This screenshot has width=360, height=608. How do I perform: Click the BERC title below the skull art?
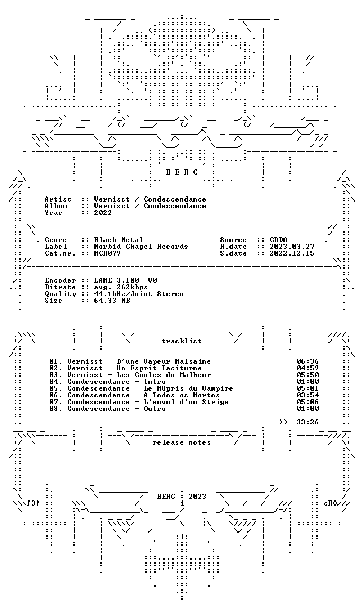coord(182,172)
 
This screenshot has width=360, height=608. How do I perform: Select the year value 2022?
coord(103,213)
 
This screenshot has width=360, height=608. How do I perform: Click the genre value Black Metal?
coord(119,240)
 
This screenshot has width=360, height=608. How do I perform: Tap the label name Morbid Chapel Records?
coord(141,247)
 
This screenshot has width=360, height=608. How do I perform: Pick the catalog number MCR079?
coord(107,253)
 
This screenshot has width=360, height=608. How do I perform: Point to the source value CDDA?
coord(278,240)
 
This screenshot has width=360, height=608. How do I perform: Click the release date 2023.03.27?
coord(292,247)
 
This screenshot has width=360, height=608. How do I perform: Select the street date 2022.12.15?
coord(292,253)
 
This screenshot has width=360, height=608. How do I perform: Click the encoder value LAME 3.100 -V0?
coord(125,280)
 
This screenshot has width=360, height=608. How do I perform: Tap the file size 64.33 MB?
coord(112,301)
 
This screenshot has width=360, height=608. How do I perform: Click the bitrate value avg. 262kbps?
coord(121,287)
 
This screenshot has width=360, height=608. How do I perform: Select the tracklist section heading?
coord(182,341)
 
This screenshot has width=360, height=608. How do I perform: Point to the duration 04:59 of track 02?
coord(308,368)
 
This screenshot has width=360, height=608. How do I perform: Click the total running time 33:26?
coord(308,422)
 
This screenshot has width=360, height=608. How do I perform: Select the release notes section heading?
coord(182,443)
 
